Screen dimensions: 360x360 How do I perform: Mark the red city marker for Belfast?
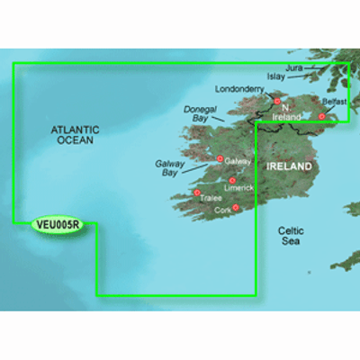click(321, 116)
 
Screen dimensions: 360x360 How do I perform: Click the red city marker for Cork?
click(236, 207)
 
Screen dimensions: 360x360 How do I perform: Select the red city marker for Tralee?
click(196, 193)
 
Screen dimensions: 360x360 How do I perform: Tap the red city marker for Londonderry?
click(277, 101)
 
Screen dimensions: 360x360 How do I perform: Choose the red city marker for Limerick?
click(232, 180)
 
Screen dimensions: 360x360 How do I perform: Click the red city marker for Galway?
click(220, 159)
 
